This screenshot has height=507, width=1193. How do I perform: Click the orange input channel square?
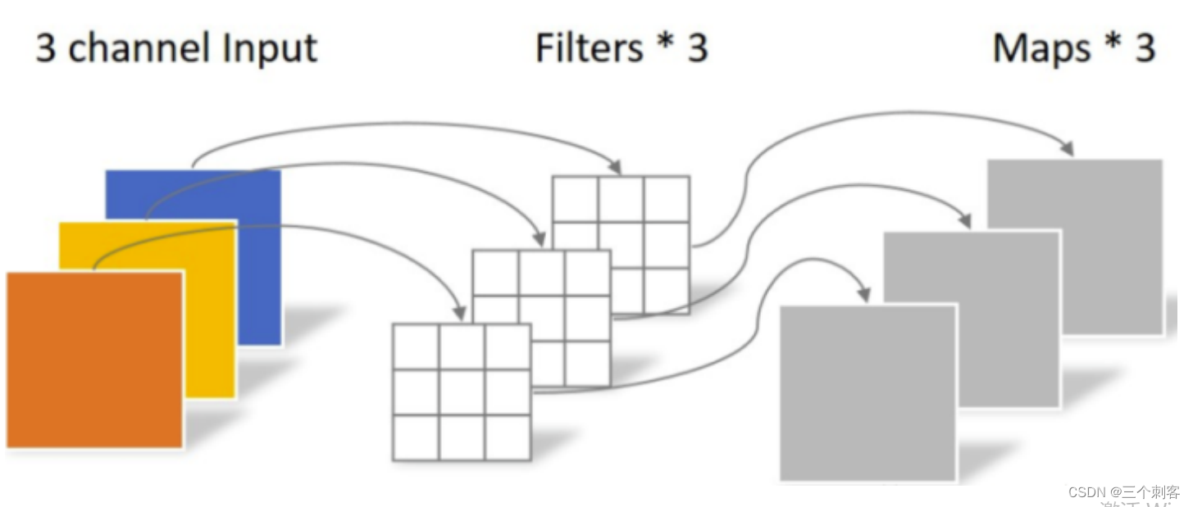(x=94, y=360)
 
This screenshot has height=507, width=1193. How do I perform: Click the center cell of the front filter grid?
(x=462, y=392)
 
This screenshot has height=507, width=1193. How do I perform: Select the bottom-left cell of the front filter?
(x=416, y=438)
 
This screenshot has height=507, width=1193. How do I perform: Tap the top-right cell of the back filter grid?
(x=666, y=199)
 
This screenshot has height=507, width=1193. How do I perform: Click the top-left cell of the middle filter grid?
(x=496, y=272)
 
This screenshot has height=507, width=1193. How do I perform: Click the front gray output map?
(x=867, y=393)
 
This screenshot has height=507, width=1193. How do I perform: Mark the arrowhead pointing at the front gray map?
(x=862, y=295)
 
